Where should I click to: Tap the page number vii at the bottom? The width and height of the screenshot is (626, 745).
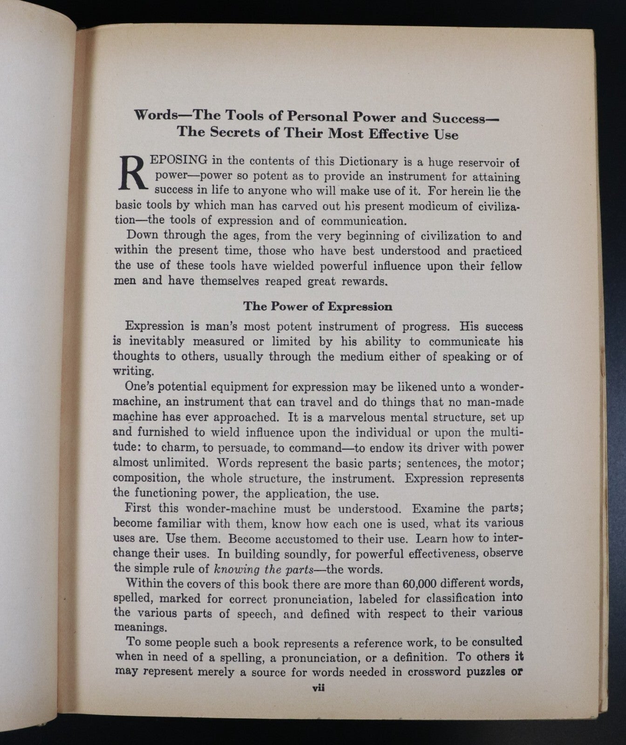pyautogui.click(x=318, y=687)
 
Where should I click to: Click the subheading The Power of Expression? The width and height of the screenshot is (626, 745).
pyautogui.click(x=318, y=306)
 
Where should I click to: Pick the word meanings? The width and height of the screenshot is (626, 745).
pyautogui.click(x=140, y=627)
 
